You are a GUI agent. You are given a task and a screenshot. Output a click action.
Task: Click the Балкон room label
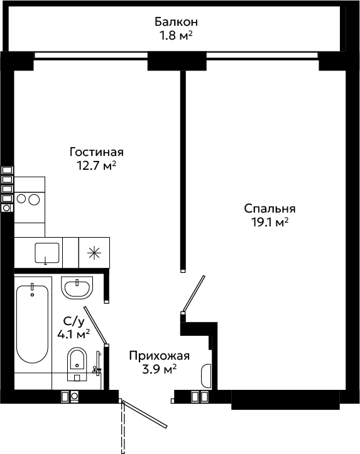(x=177, y=22)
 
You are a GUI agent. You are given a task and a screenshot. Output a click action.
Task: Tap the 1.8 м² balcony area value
(x=177, y=36)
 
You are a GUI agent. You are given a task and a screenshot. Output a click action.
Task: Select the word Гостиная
(x=97, y=152)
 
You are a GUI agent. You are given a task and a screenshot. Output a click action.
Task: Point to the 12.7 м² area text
(x=96, y=166)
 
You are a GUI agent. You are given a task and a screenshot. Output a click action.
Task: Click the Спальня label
(x=270, y=209)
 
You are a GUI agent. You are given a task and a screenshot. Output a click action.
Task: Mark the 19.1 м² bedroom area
(x=270, y=223)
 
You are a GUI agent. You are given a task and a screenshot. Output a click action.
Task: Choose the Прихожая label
(x=160, y=355)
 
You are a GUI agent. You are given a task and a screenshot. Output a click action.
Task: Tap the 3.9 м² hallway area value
(x=160, y=370)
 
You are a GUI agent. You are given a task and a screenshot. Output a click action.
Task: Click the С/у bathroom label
(x=74, y=321)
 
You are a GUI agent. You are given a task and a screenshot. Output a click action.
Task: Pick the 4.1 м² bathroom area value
(x=74, y=335)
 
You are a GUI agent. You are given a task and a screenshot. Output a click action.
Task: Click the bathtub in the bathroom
(x=33, y=324)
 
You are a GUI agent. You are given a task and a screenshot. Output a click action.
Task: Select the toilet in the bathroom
(x=77, y=364)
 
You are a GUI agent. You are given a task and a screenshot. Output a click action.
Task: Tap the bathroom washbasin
(x=77, y=288)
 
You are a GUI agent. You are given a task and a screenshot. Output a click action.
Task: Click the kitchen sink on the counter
(x=47, y=253)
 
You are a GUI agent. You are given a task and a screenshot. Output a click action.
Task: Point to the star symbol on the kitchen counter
(x=94, y=253)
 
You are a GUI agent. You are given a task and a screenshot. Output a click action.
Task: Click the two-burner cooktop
(x=30, y=199)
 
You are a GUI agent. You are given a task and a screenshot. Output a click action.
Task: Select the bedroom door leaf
(x=194, y=293)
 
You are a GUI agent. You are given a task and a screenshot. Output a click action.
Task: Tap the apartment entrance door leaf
(x=145, y=414)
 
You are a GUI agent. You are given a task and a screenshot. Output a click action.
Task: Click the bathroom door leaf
(x=95, y=326)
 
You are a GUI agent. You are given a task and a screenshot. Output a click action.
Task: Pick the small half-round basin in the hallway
(x=206, y=376)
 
